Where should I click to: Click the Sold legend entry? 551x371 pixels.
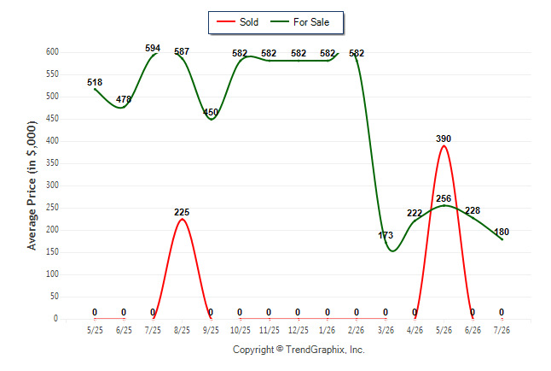point(238,22)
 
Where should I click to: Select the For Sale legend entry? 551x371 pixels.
point(299,22)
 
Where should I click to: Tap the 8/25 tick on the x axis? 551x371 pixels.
point(182,330)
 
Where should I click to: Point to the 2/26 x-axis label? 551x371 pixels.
point(356,330)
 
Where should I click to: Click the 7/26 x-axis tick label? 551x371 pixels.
point(502,330)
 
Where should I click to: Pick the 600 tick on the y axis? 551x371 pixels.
point(52,52)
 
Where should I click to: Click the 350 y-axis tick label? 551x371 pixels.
point(52,162)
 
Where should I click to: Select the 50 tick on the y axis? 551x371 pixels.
point(55,297)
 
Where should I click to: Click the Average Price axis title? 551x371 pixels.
point(32,185)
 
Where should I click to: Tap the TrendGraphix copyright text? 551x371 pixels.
point(299,350)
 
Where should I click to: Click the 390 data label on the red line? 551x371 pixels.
point(444,138)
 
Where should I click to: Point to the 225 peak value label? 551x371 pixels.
point(182,212)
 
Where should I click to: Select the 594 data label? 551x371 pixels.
point(153,48)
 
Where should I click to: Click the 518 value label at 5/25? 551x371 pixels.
point(95,82)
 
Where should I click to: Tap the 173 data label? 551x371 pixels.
point(386,235)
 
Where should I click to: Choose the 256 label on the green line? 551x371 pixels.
point(444,198)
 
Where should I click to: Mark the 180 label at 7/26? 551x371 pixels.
point(502,232)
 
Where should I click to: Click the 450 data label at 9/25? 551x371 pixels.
point(211,112)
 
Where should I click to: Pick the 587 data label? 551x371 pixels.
point(182,51)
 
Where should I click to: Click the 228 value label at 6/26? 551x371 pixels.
point(473,210)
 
